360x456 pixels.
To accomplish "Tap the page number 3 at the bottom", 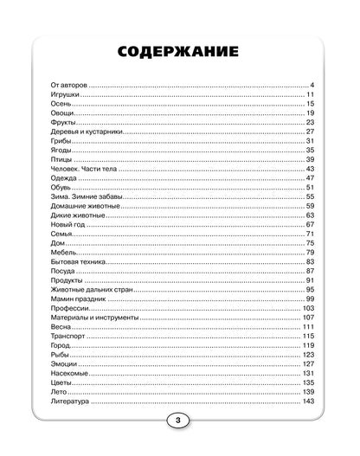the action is click(x=180, y=421).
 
